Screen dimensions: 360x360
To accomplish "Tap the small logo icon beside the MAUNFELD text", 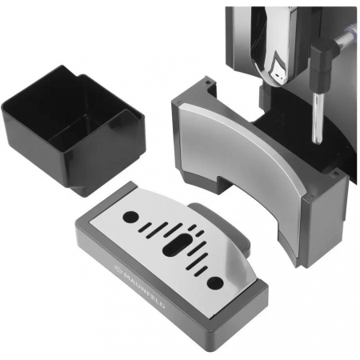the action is click(x=118, y=269).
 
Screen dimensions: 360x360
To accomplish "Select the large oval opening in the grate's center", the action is click(x=176, y=245).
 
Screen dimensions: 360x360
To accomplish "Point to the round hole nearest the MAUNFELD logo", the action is click(x=130, y=217).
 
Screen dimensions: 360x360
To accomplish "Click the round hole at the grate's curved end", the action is click(x=215, y=283).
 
